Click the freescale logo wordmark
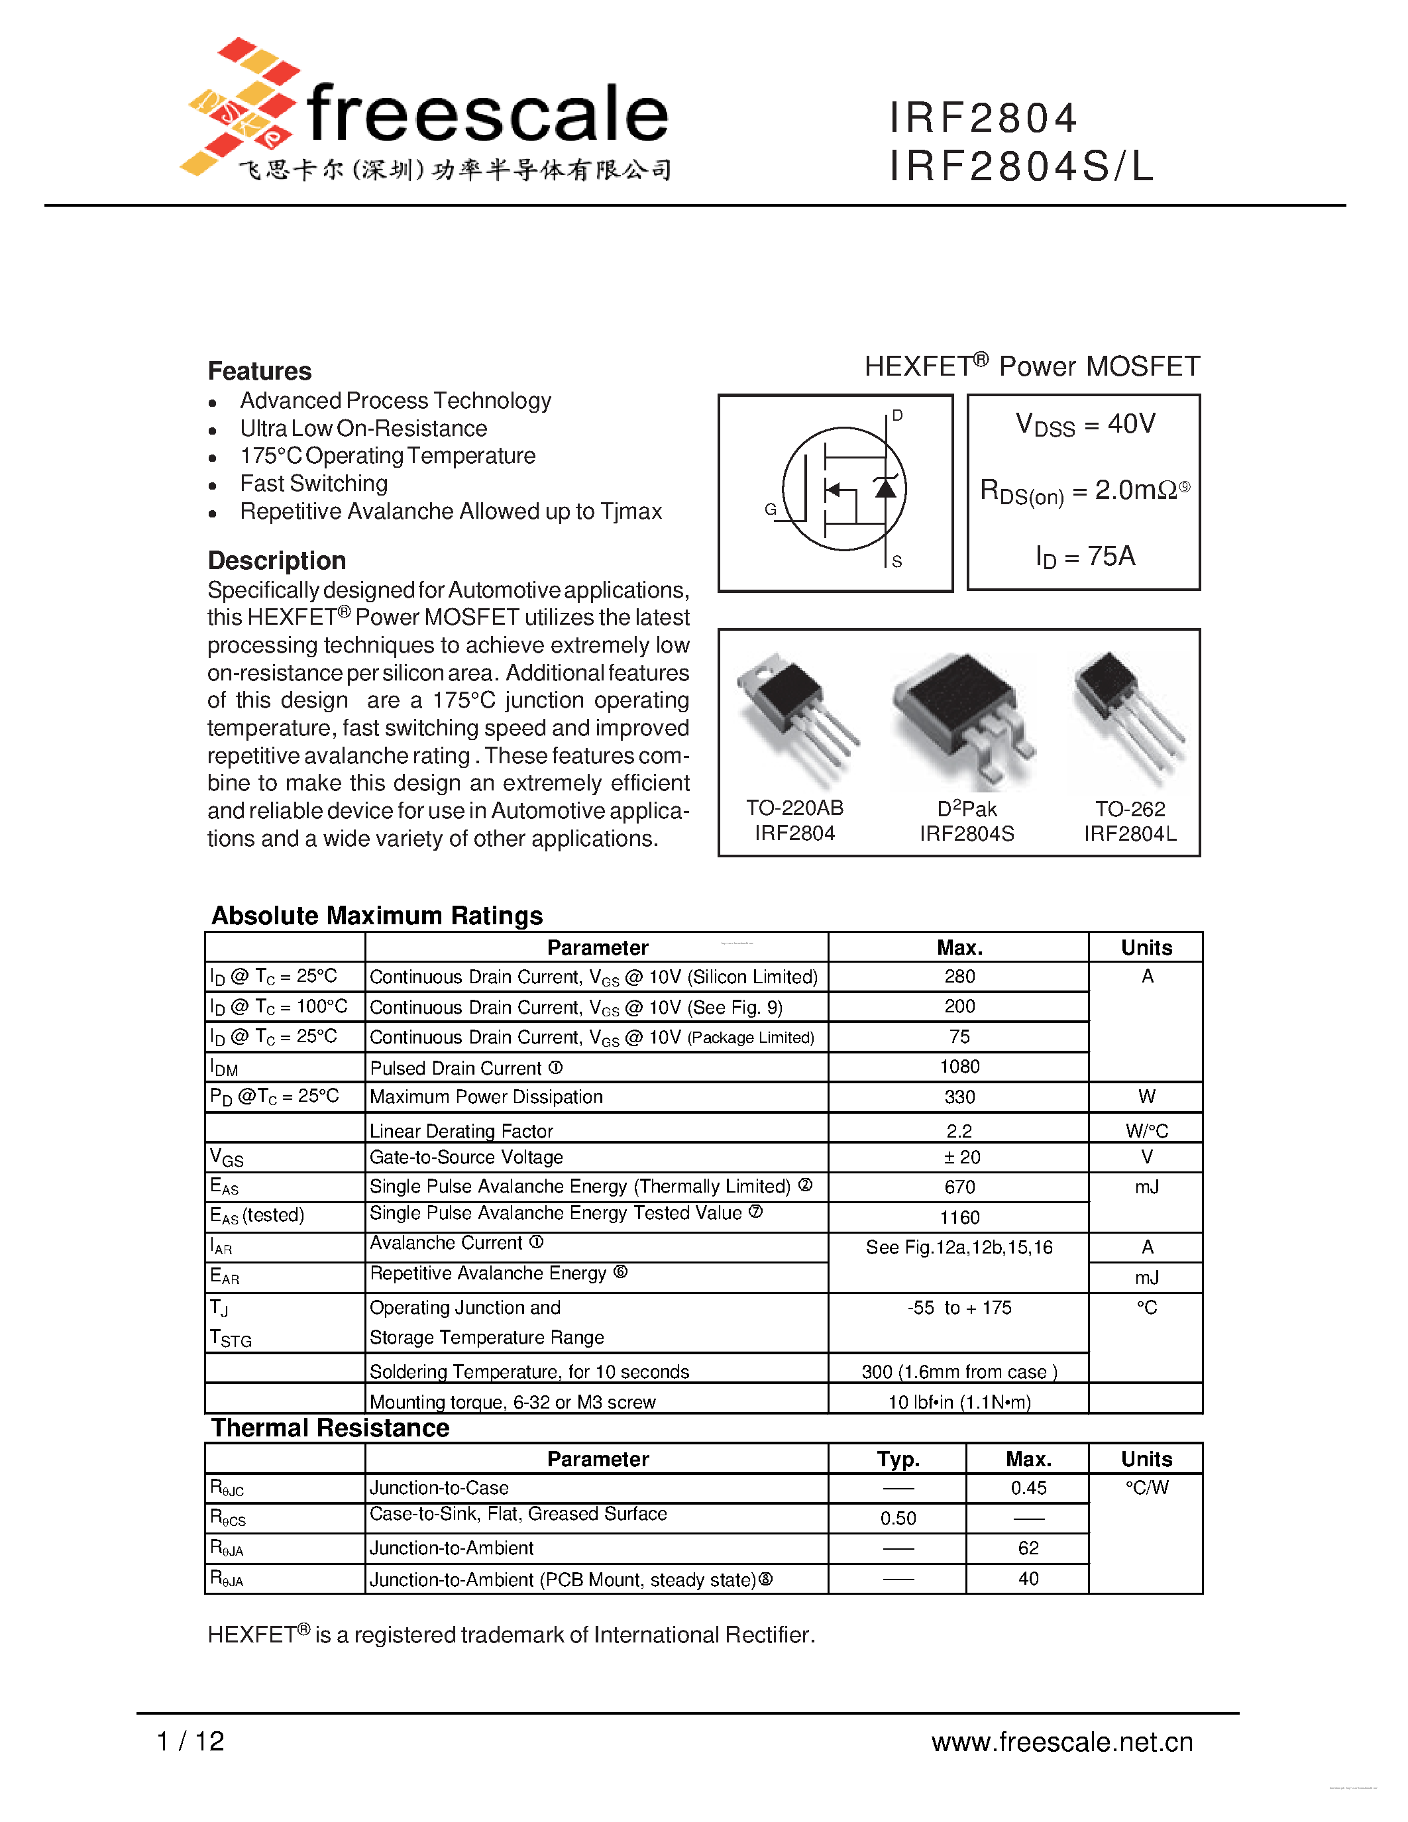[x=487, y=115]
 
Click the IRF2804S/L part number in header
[x=1021, y=165]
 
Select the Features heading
[x=260, y=371]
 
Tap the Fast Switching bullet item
[x=313, y=484]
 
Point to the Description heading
[x=276, y=561]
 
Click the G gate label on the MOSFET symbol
[x=770, y=509]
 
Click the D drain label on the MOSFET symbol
[x=898, y=415]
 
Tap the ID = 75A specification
[x=1085, y=557]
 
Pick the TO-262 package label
[x=1130, y=808]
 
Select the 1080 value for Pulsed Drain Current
[x=959, y=1067]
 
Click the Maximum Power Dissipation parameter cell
[x=486, y=1097]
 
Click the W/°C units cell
[x=1146, y=1130]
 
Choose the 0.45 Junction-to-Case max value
[x=1028, y=1487]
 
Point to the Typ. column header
[x=898, y=1459]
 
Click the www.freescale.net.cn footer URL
[x=1062, y=1742]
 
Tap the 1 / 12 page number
[x=190, y=1741]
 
